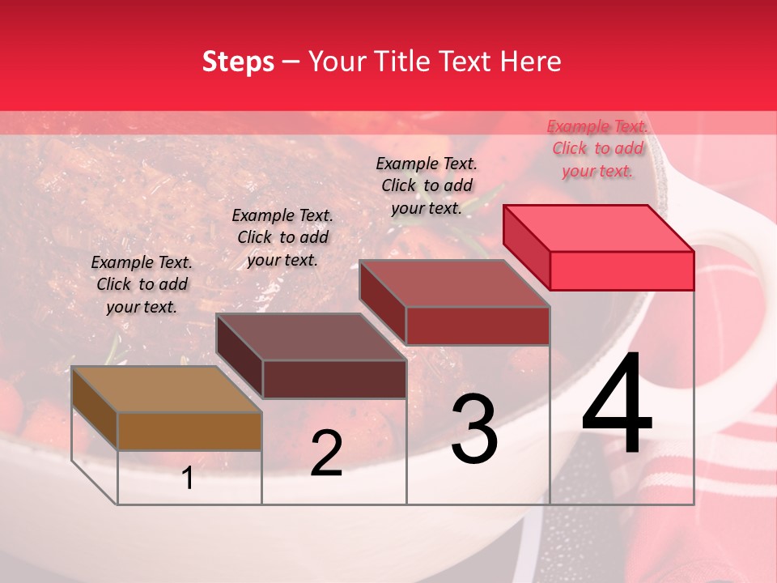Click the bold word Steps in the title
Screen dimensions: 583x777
(238, 62)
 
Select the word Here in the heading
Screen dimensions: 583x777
(531, 62)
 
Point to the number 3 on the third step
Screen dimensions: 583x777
(474, 429)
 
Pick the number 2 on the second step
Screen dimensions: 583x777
(326, 454)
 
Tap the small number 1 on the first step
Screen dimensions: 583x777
(188, 479)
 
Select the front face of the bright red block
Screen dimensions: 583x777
(622, 270)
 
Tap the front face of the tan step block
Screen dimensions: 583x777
(189, 431)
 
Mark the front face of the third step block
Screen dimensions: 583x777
(478, 326)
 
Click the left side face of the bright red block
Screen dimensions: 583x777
(526, 247)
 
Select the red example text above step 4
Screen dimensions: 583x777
(597, 148)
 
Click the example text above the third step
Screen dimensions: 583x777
(427, 185)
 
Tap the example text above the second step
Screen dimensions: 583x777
(282, 237)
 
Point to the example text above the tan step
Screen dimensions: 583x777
(142, 284)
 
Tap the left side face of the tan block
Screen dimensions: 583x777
(95, 408)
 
